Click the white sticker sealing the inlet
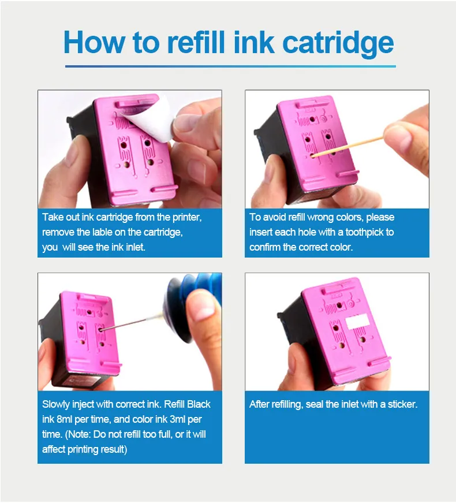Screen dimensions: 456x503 pyautogui.click(x=357, y=321)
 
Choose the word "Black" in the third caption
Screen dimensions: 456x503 pyautogui.click(x=199, y=404)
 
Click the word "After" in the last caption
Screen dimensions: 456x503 pyautogui.click(x=259, y=404)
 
